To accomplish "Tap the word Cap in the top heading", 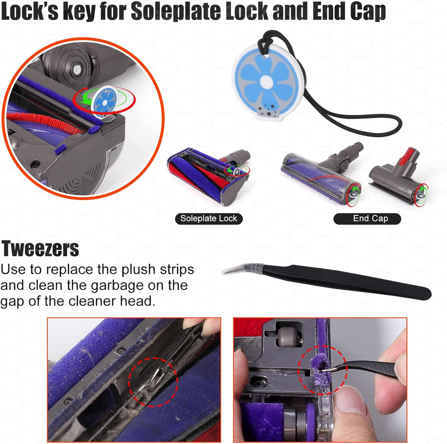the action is pyautogui.click(x=368, y=12).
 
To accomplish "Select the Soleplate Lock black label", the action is pyautogui.click(x=209, y=218).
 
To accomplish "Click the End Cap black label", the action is pyautogui.click(x=368, y=218).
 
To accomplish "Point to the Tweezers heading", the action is pyautogui.click(x=40, y=248).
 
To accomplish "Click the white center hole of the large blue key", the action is pyautogui.click(x=267, y=82).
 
